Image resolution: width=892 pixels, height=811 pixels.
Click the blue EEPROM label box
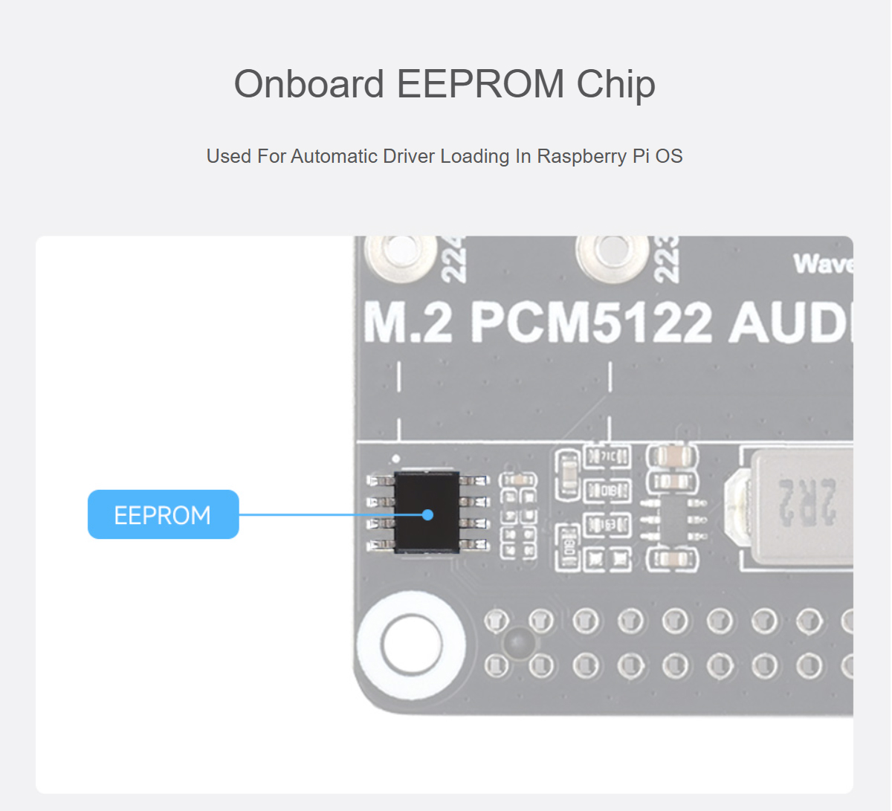[163, 514]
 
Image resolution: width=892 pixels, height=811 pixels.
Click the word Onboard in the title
[308, 84]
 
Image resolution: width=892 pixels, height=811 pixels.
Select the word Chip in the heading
[616, 84]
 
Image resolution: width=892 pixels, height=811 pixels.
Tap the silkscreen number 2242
[453, 259]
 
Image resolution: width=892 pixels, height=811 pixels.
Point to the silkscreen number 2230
[665, 259]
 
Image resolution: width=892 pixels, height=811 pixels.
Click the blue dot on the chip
[427, 514]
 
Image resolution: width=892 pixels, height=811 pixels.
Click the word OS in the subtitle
[669, 156]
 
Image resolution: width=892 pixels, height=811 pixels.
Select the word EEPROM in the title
[480, 84]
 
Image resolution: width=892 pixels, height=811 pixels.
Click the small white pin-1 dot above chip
[396, 459]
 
